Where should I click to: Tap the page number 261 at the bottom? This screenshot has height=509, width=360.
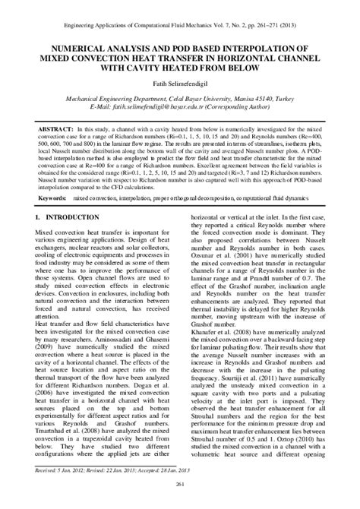pyautogui.click(x=180, y=485)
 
